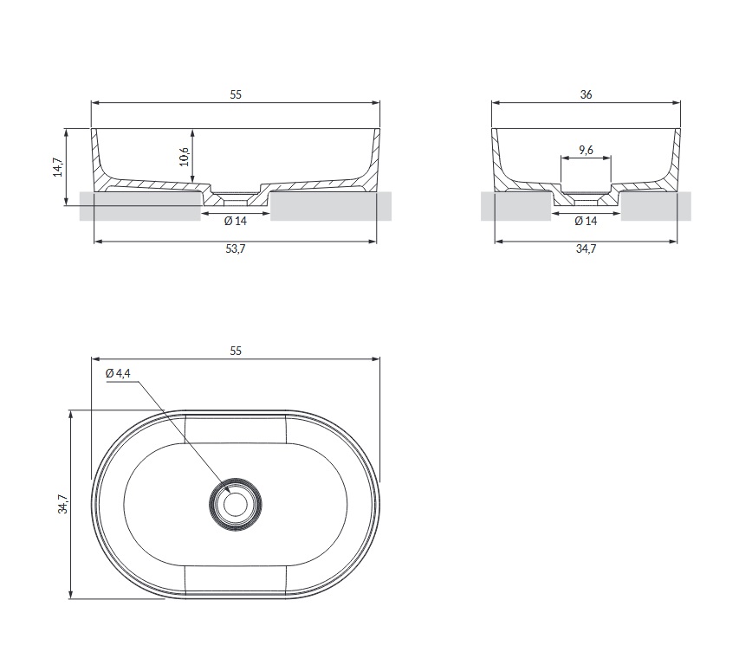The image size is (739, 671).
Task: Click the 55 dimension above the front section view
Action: click(236, 94)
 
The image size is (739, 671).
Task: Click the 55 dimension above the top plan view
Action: click(236, 351)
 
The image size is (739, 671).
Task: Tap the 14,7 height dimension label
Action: click(58, 167)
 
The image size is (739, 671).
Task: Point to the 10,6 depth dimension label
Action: click(185, 157)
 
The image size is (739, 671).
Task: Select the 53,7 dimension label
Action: click(235, 249)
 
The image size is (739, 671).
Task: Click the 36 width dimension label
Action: click(586, 94)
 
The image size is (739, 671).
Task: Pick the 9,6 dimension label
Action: click(586, 150)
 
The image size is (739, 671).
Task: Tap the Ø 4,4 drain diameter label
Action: click(119, 373)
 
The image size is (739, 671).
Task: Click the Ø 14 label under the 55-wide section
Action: click(235, 221)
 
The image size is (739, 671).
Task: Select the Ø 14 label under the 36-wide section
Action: click(586, 221)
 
